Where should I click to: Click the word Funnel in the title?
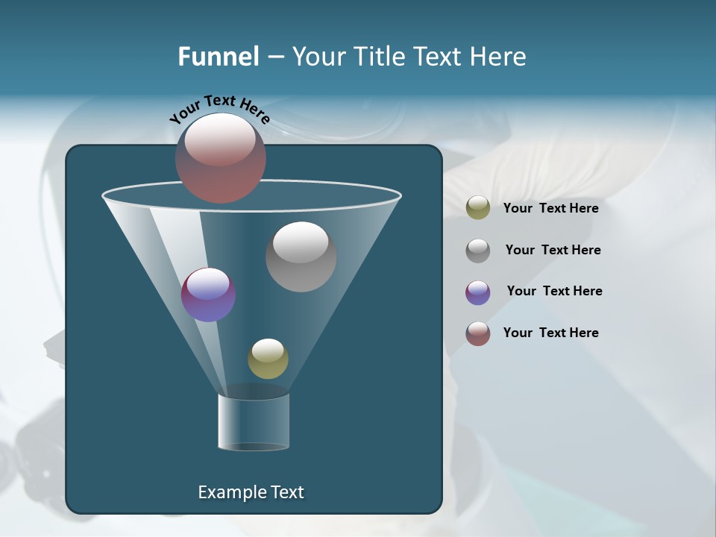click(x=218, y=57)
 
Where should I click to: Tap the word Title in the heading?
click(x=379, y=57)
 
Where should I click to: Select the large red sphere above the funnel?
click(x=220, y=158)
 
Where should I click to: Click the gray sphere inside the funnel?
click(x=301, y=257)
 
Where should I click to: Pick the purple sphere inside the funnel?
click(x=208, y=295)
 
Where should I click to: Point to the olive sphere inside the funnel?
click(x=268, y=359)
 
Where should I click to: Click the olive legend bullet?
click(x=478, y=208)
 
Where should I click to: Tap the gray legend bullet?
click(x=478, y=251)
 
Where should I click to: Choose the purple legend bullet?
click(x=478, y=292)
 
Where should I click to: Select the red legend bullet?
click(x=478, y=333)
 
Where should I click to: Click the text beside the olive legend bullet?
click(x=550, y=208)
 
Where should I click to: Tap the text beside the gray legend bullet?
click(x=553, y=250)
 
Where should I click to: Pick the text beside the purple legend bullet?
click(x=554, y=291)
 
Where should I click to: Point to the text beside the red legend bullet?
click(x=550, y=333)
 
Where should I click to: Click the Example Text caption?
click(x=251, y=492)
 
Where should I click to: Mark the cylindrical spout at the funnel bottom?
click(x=254, y=421)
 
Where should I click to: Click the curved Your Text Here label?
click(x=219, y=109)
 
